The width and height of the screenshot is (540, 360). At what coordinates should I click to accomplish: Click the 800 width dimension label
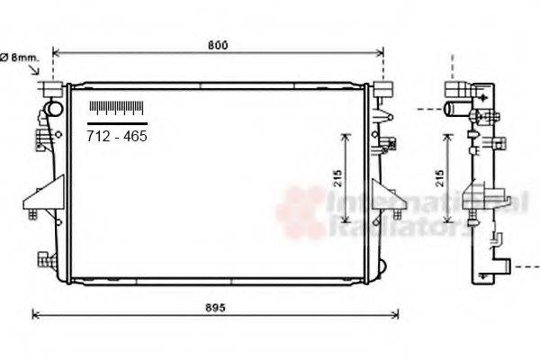(x=217, y=45)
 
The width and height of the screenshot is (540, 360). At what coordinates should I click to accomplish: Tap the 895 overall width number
(x=213, y=307)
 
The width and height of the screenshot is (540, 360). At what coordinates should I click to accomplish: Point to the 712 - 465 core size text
(x=116, y=137)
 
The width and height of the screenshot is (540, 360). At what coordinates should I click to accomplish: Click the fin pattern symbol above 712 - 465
(x=116, y=108)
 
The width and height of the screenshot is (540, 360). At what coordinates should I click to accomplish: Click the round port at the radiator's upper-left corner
(x=54, y=110)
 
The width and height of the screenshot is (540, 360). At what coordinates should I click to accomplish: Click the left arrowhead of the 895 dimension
(x=35, y=315)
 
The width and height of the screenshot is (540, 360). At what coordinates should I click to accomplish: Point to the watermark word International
(x=423, y=205)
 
